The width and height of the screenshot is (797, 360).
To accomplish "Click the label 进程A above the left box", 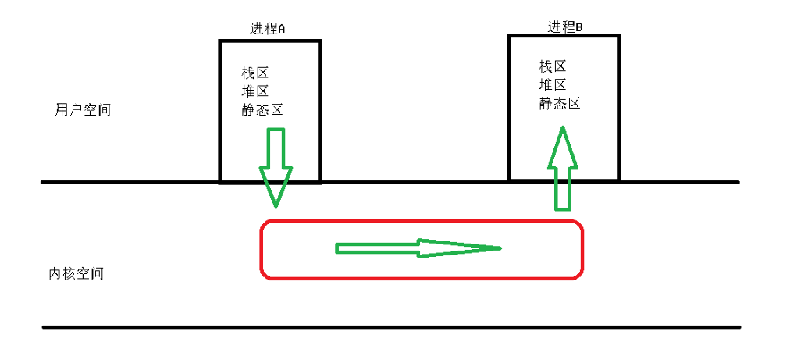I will point(268,28).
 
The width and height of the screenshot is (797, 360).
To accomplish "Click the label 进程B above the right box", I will point(564,27).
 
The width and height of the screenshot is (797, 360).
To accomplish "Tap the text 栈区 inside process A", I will point(254,73).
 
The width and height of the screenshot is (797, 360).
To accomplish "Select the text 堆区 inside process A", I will point(254,91).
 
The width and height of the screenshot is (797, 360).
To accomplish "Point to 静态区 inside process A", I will point(262,110).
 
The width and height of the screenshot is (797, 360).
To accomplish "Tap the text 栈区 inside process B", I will point(552,66).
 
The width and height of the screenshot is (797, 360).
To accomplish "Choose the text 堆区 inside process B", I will point(552,85).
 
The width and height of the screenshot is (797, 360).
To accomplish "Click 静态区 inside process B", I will point(559,104).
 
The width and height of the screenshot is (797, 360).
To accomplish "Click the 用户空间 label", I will point(83,110).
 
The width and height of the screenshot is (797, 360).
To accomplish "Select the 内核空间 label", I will point(76,274).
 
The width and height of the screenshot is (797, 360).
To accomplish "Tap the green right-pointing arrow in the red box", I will point(418,248).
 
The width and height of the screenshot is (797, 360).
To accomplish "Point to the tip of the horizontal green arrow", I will point(497,248).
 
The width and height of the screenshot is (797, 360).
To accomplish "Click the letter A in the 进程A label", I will point(282,29).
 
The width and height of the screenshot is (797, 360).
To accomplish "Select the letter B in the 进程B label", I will point(579,28).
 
